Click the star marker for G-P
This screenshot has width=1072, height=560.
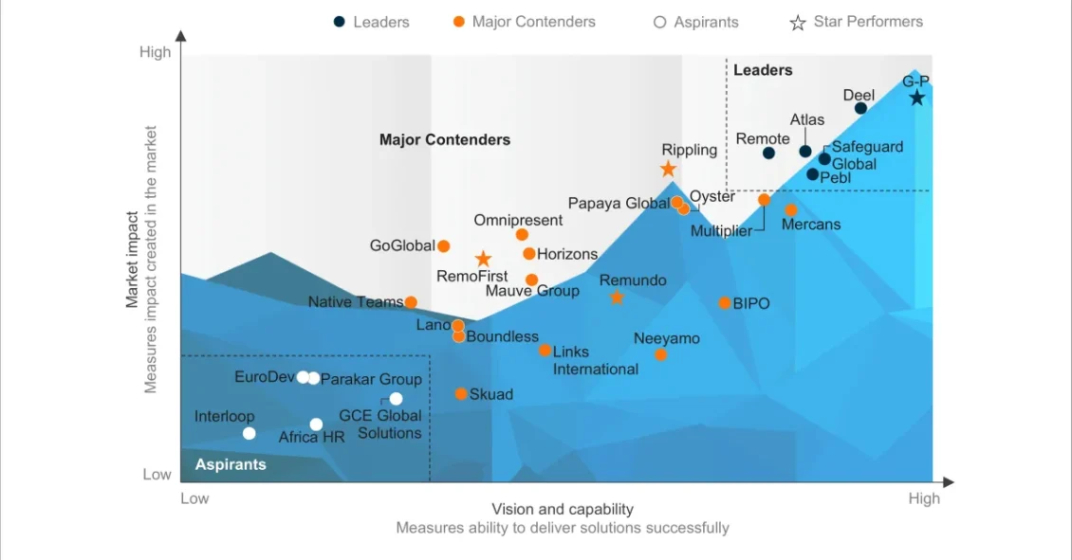[916, 98]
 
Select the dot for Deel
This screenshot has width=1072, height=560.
[860, 108]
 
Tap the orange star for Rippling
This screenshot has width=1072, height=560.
[668, 169]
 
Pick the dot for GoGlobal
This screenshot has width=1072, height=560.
[443, 246]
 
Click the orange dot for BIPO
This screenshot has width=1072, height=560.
[725, 303]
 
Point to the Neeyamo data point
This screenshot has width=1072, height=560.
[661, 354]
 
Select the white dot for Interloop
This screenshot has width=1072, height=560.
[249, 433]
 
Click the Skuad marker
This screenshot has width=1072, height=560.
[461, 394]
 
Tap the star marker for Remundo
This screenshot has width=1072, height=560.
[617, 298]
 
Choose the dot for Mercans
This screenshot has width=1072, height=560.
[791, 209]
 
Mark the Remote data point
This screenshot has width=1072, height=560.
[768, 153]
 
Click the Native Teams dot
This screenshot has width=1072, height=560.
[411, 302]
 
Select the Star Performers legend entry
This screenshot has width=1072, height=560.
[857, 22]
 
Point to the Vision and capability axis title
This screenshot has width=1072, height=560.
[563, 509]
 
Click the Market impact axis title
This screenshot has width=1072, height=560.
[133, 259]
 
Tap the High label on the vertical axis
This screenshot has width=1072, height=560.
[156, 52]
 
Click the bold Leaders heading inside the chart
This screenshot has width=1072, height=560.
[763, 70]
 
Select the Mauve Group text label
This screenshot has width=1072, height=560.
[532, 291]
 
